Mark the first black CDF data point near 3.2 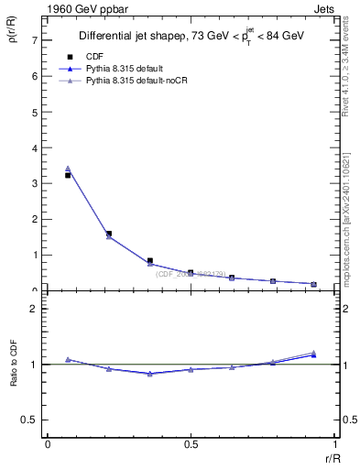click(68, 175)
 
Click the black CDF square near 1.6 click(109, 234)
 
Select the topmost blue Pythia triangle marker click(68, 169)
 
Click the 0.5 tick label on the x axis click(191, 443)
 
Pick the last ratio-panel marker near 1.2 click(313, 354)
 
